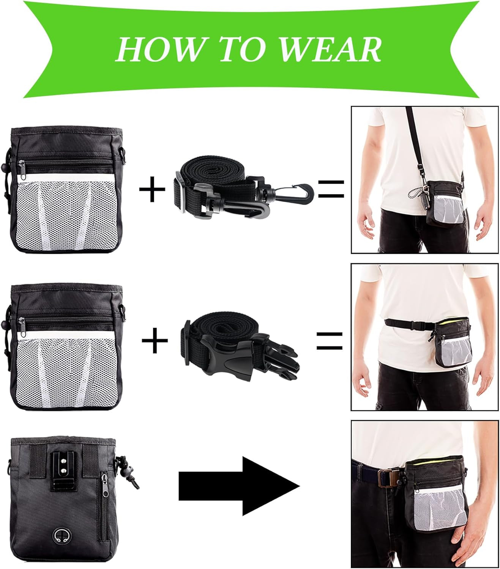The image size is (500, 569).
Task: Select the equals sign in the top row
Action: [331, 189]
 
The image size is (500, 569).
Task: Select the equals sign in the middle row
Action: [330, 340]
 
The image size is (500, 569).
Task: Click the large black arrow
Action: [239, 486]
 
